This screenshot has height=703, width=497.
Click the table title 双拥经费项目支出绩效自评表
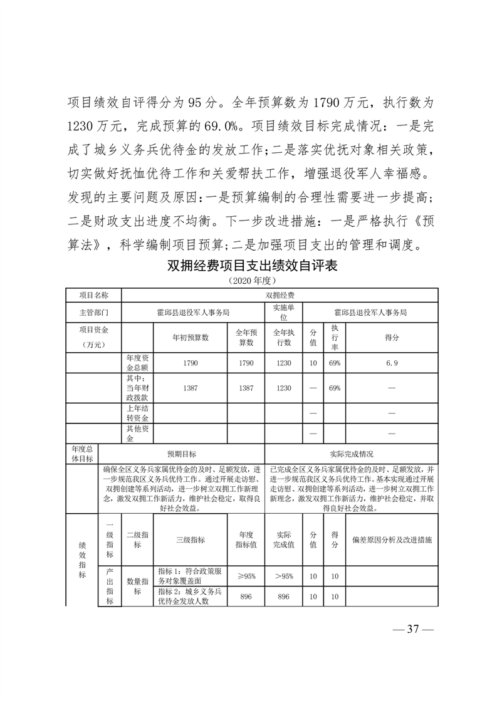pos(253,266)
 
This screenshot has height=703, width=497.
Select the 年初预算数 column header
pos(190,336)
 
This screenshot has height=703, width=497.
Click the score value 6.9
pos(392,363)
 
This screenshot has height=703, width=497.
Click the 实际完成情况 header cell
pos(352,454)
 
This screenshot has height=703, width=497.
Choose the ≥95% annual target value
pos(246,576)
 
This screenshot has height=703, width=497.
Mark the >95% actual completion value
pos(283,576)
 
